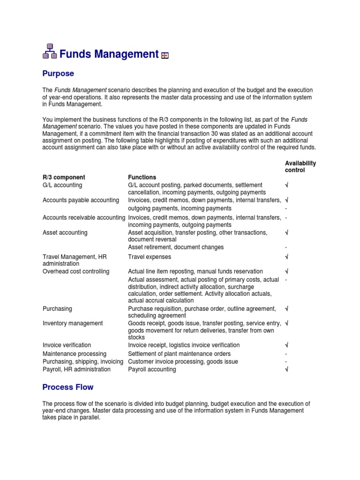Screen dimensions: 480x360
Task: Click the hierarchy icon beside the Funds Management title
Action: click(50, 52)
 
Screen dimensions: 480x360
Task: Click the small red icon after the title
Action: click(165, 56)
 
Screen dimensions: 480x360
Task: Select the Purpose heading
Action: click(58, 74)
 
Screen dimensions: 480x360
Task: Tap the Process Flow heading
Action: click(67, 387)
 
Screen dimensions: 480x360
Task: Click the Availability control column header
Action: click(300, 166)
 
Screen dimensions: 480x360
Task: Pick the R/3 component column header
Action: click(64, 177)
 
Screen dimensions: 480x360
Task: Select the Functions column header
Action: click(142, 177)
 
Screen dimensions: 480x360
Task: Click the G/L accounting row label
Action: click(62, 185)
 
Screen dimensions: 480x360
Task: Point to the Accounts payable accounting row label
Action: click(81, 200)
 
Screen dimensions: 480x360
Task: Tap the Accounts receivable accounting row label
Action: click(83, 217)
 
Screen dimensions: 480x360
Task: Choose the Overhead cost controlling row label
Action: click(75, 271)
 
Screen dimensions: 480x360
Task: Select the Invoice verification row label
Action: click(67, 345)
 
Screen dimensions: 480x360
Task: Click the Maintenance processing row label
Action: click(74, 353)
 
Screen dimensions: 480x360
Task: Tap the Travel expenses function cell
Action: click(150, 257)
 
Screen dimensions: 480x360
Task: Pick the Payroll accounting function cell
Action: click(152, 369)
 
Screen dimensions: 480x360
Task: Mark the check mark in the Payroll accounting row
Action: click(286, 369)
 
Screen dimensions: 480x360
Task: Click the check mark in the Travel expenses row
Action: click(286, 257)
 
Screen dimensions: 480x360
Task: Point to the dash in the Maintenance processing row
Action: click(286, 354)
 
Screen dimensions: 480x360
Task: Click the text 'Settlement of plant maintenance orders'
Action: click(179, 353)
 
